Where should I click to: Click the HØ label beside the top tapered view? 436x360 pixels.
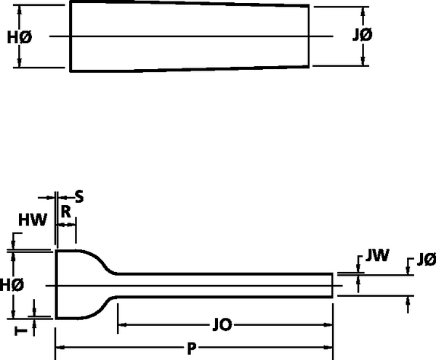[x=20, y=37]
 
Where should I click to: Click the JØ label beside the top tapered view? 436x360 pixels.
[x=362, y=35]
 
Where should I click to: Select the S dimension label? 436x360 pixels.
[x=79, y=197]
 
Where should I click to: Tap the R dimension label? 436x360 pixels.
[x=66, y=212]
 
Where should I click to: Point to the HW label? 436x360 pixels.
[x=33, y=220]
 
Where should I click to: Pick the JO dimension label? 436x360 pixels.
[x=222, y=324]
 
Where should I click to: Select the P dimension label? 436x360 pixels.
[x=192, y=348]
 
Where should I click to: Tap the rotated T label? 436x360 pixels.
[x=21, y=331]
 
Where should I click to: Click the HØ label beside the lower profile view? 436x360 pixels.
[x=12, y=285]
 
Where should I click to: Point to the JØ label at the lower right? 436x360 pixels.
[x=427, y=260]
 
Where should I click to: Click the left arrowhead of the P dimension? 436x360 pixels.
[x=60, y=348]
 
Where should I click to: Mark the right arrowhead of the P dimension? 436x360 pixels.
[x=328, y=348]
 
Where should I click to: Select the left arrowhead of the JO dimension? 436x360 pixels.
[x=122, y=324]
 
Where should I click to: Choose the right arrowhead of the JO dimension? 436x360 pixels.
[x=328, y=324]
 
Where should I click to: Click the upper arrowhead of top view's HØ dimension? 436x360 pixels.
[x=19, y=9]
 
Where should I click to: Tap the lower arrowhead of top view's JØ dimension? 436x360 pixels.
[x=363, y=61]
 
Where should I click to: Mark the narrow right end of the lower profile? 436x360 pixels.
[x=332, y=286]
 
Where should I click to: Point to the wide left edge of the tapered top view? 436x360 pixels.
[x=70, y=36]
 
